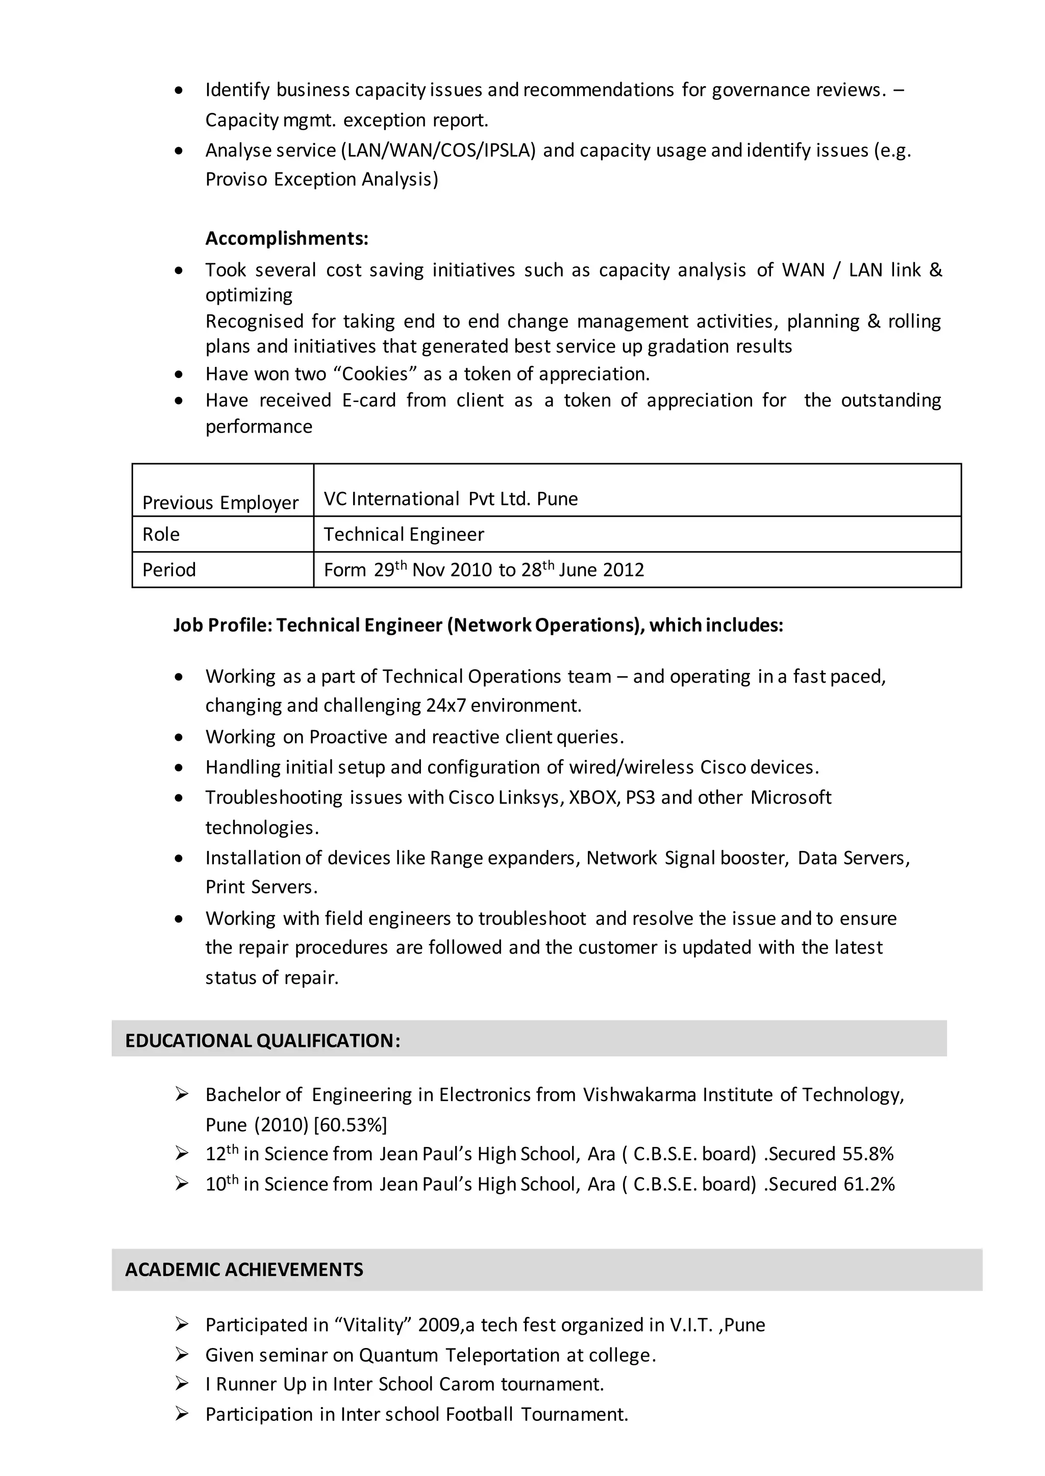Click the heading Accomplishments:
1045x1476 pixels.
pyautogui.click(x=286, y=239)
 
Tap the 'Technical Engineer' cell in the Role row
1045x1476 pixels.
pyautogui.click(x=404, y=534)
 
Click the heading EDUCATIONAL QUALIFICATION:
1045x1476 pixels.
pyautogui.click(x=263, y=1040)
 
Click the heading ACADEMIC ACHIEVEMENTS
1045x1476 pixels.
pyautogui.click(x=244, y=1269)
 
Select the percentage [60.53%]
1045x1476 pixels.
pyautogui.click(x=350, y=1124)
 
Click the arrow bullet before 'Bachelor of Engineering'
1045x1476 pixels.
pyautogui.click(x=182, y=1094)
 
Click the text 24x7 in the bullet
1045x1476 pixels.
pyautogui.click(x=445, y=706)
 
